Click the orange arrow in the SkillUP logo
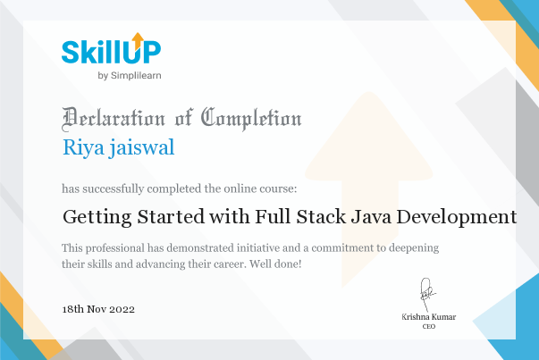tap(138, 40)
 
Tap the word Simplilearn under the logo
tap(136, 76)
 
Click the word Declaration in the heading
tap(114, 119)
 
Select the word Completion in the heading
tap(251, 119)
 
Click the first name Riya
tap(83, 147)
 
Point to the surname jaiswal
tap(141, 147)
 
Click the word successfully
tap(114, 188)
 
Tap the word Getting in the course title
tap(97, 217)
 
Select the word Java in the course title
tap(371, 217)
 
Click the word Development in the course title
tap(457, 217)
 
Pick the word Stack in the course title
tap(321, 217)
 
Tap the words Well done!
tap(275, 264)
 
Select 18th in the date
tap(73, 309)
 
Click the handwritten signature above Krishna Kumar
tap(426, 295)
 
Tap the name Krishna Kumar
tap(429, 317)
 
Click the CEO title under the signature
tap(429, 326)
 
